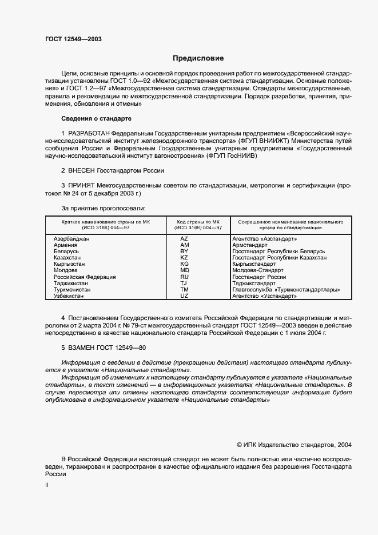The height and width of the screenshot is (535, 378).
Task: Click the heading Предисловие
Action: (x=198, y=58)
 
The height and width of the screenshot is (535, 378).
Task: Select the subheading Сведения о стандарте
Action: (x=96, y=118)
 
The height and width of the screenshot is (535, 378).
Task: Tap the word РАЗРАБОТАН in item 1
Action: (x=91, y=133)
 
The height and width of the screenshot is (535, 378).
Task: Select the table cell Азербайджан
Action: (x=72, y=238)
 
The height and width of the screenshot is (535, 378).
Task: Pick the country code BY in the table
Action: (x=184, y=251)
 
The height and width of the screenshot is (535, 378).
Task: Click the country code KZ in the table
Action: (x=184, y=258)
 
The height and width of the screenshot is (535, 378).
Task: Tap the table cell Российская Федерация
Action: (x=85, y=277)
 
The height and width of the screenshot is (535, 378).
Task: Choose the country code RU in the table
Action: (x=184, y=277)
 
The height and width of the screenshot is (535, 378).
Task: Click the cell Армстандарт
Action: (x=250, y=245)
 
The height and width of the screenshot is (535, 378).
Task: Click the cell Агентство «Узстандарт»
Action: (x=265, y=296)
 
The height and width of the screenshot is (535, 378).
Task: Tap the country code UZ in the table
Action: (x=184, y=296)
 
